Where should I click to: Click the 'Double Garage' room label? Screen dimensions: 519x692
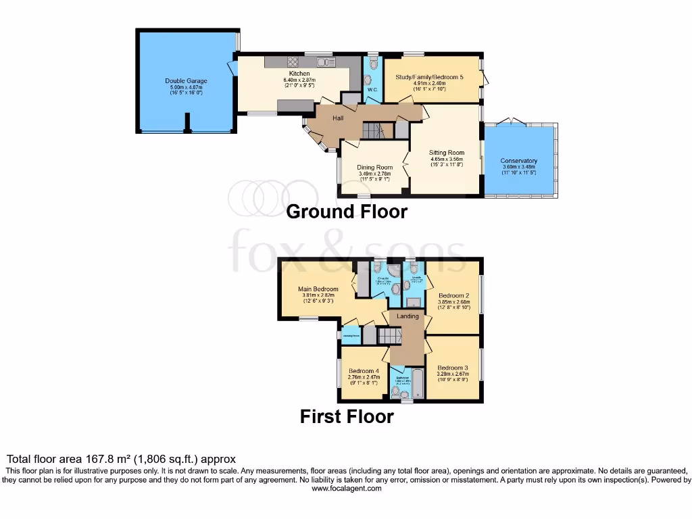point(186,81)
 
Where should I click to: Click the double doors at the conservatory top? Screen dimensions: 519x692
point(512,122)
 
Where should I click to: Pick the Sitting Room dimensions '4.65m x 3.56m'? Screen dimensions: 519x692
point(447,159)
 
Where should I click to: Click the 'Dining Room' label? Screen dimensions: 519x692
point(375,168)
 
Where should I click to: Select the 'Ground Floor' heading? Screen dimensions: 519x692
point(347,212)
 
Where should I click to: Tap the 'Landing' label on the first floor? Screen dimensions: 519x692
point(407,316)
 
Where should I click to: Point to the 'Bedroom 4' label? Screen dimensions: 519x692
point(364,371)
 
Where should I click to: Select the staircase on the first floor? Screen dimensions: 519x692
point(390,335)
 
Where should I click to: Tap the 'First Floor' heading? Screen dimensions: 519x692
point(347,417)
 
